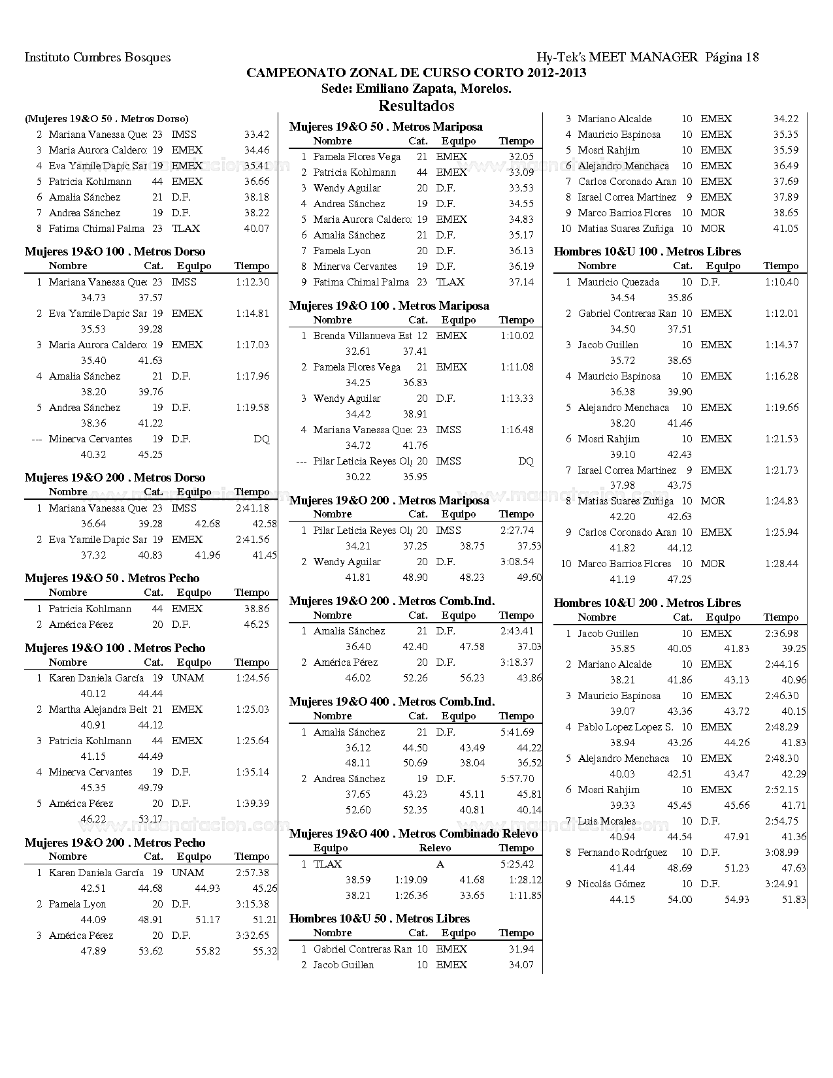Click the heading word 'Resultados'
416,105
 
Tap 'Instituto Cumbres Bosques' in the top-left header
97,57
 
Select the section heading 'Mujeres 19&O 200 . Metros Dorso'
115,478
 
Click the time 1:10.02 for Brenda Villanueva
517,336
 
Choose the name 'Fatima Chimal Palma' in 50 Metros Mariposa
361,282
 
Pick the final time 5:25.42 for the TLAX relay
517,864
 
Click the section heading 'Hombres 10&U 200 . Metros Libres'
647,603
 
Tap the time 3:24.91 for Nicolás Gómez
781,884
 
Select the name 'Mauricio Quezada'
618,282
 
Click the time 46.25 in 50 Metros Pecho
256,625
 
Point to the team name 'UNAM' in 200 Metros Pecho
188,873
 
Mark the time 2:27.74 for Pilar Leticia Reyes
517,531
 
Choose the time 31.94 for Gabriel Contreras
521,949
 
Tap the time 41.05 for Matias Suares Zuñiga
785,229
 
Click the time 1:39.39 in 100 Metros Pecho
252,804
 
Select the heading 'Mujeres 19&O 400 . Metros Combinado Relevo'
413,834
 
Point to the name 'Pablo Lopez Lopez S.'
625,727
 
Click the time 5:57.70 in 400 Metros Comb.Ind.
517,779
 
